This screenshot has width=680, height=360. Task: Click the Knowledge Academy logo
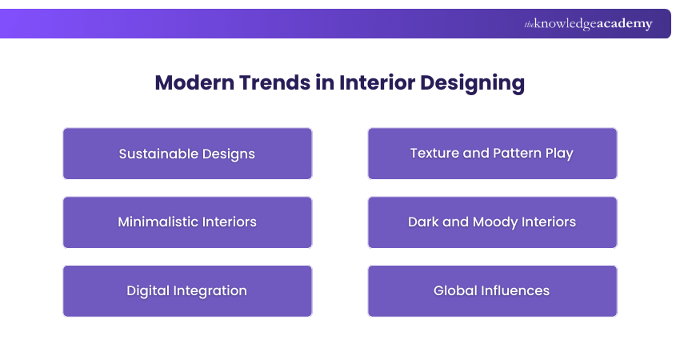pyautogui.click(x=588, y=24)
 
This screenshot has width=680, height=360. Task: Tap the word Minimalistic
pyautogui.click(x=161, y=222)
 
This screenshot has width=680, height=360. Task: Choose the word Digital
pyautogui.click(x=148, y=290)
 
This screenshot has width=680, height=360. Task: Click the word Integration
pyautogui.click(x=210, y=290)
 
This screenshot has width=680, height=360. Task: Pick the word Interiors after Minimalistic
pyautogui.click(x=231, y=222)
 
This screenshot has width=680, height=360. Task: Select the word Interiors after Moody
pyautogui.click(x=549, y=222)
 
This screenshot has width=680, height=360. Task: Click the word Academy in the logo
pyautogui.click(x=624, y=24)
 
